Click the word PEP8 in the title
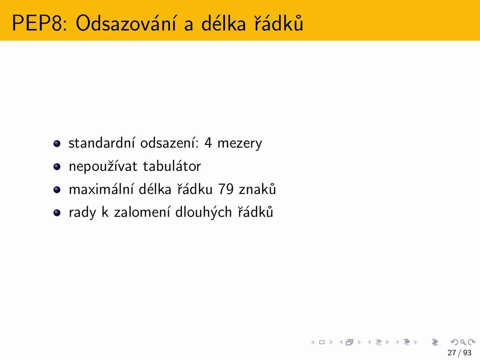[x=40, y=23]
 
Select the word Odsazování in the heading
[x=126, y=22]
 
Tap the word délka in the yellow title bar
[x=223, y=22]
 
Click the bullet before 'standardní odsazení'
[x=57, y=144]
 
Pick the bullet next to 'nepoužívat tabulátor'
[x=57, y=167]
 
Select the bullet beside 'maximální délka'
[x=57, y=190]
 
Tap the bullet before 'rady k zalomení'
[x=57, y=213]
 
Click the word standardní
[x=102, y=143]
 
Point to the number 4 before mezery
[x=208, y=143]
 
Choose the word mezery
[x=240, y=145]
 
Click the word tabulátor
[x=172, y=166]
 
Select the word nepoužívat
[x=103, y=166]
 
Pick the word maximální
[x=101, y=189]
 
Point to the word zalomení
[x=142, y=212]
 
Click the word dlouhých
[x=203, y=213]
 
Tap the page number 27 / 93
[x=459, y=353]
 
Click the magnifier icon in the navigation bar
[x=463, y=342]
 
